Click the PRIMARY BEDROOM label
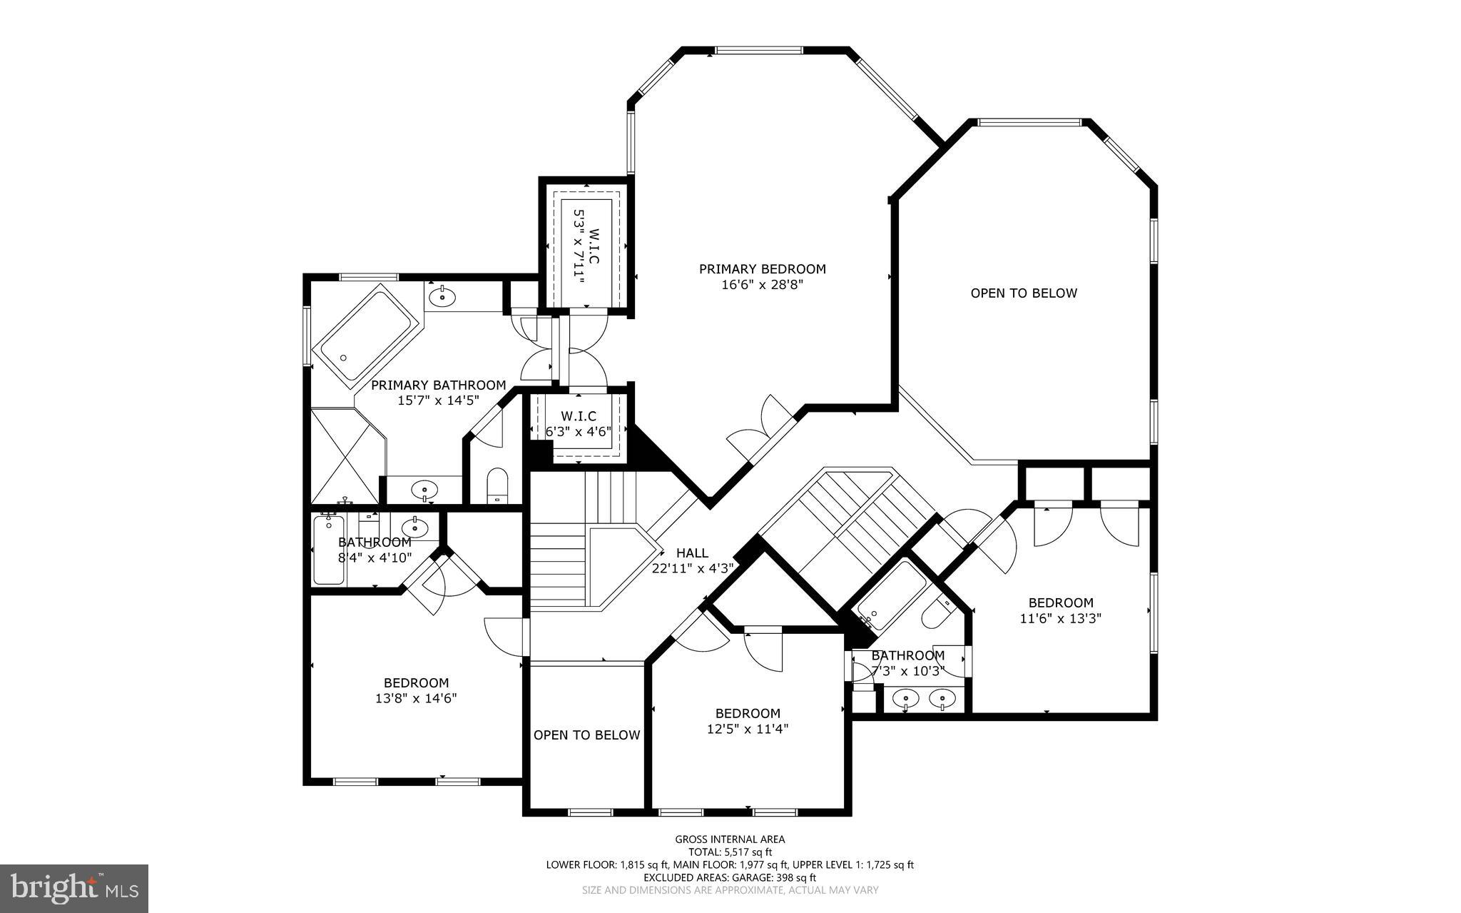point(762,269)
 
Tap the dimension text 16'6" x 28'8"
point(762,285)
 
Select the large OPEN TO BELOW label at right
point(1023,293)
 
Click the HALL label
point(692,553)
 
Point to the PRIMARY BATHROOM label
point(438,385)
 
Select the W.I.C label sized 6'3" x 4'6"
point(578,416)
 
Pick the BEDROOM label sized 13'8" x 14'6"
point(416,683)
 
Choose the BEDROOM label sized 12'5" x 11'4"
point(748,713)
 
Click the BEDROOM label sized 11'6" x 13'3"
point(1060,603)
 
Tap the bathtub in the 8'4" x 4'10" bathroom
point(328,550)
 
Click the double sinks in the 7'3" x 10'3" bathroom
point(925,697)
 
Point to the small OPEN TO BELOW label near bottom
point(586,735)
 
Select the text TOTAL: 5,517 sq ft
point(730,852)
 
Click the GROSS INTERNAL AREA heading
point(730,839)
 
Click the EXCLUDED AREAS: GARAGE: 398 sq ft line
point(730,877)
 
